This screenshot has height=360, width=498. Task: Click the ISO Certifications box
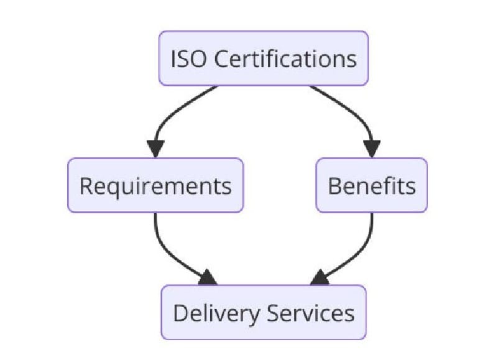pos(264,58)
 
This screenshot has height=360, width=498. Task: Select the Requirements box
pos(155,185)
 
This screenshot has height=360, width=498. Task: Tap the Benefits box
pos(372,185)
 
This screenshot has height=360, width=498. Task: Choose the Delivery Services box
pos(264,312)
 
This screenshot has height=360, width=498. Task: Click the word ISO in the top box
pos(186,59)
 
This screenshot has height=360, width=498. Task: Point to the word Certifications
pos(285,59)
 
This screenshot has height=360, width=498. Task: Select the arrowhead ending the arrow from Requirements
pos(207,277)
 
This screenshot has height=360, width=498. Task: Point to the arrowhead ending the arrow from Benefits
pos(320,277)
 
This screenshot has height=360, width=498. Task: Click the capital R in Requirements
pos(86,186)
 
